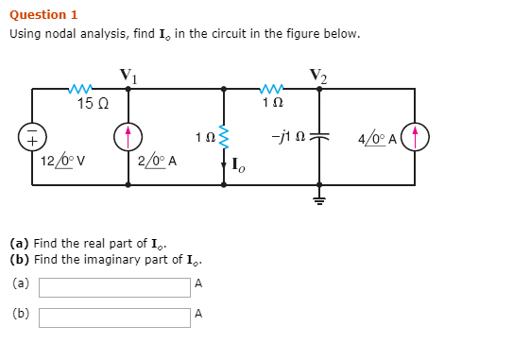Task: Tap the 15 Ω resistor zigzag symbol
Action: (x=80, y=89)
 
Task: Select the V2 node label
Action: (x=319, y=75)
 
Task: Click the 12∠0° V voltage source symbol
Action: (x=31, y=137)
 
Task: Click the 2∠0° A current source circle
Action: (x=128, y=137)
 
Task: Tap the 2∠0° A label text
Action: (x=159, y=159)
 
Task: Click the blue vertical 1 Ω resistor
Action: (x=224, y=138)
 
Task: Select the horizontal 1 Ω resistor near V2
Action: (x=272, y=89)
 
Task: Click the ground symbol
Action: (x=319, y=199)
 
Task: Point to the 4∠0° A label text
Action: (x=377, y=138)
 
